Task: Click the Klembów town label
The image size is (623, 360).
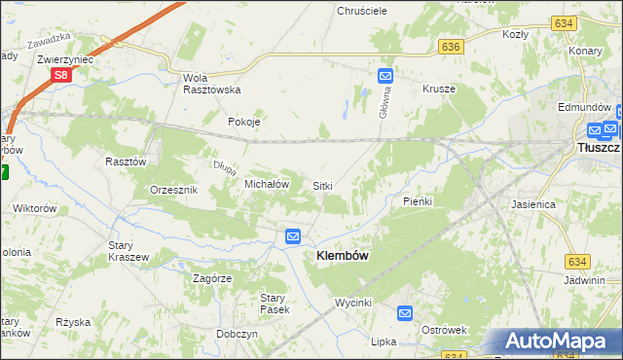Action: [x=342, y=255]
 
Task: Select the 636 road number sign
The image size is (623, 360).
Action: [x=450, y=46]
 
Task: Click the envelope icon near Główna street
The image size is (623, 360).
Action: [x=385, y=75]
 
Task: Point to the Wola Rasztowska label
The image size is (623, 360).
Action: [x=211, y=83]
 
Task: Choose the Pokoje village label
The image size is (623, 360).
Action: [x=243, y=123]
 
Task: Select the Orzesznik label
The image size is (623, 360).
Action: [x=174, y=190]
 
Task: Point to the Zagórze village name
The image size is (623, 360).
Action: [x=212, y=278]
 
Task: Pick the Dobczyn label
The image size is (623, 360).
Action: [x=238, y=333]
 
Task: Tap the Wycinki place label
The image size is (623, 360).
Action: [x=353, y=303]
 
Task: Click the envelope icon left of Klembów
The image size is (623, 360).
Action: [x=292, y=236]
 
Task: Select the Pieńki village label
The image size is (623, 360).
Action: [x=417, y=201]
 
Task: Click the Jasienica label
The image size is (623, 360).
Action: [x=532, y=205]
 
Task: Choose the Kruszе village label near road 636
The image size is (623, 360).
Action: [x=439, y=89]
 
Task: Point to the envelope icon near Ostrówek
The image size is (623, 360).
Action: [x=406, y=313]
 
